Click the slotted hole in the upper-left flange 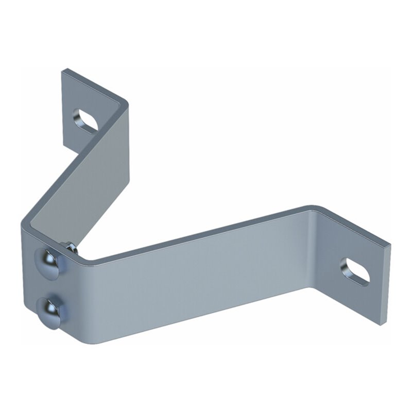point(87,119)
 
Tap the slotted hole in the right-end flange point(355,271)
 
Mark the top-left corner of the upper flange point(64,69)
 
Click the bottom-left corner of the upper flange point(63,146)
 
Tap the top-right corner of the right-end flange point(389,244)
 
